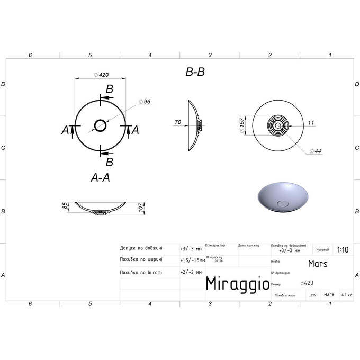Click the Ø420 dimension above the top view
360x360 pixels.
point(101,75)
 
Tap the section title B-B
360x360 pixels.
point(195,73)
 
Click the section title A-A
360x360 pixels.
point(100,178)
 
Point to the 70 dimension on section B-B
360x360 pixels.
point(178,123)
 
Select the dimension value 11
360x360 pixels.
point(311,123)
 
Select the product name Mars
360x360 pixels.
point(318,264)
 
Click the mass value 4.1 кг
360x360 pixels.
point(347,295)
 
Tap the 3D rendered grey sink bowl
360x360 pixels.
point(285,198)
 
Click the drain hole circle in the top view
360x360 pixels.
point(100,125)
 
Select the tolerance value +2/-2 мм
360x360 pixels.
point(191,272)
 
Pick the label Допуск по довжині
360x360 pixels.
point(141,248)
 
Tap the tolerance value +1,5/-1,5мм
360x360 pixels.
point(192,260)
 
